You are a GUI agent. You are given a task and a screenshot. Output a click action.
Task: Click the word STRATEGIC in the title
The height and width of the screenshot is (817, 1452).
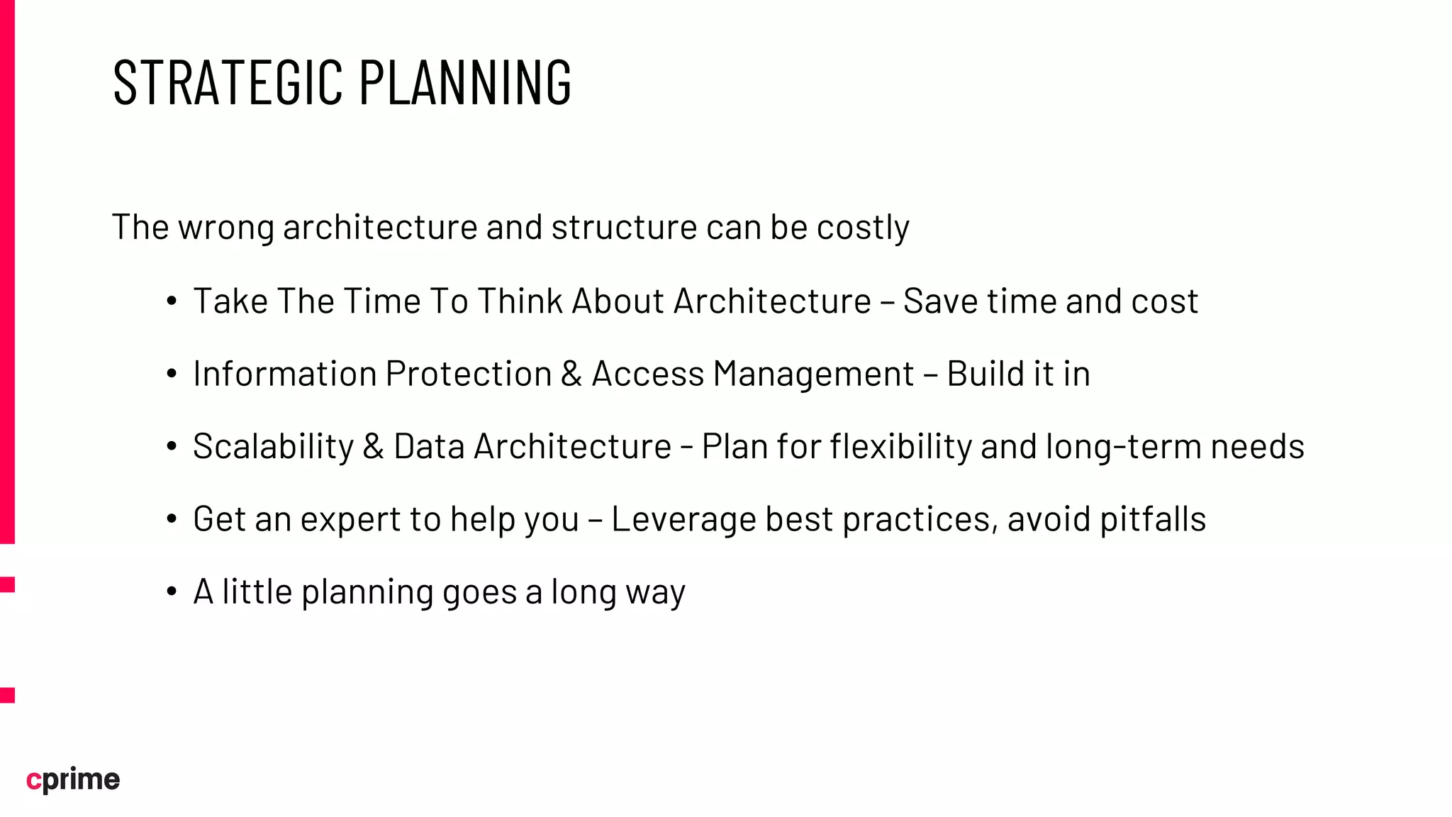click(x=228, y=83)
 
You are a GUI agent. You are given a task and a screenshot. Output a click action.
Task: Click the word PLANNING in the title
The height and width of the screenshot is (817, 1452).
click(x=464, y=83)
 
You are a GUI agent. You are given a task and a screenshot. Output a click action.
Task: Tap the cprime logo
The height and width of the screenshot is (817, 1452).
click(x=73, y=779)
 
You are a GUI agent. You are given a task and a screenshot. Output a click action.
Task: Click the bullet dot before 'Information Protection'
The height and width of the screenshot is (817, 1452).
click(x=172, y=374)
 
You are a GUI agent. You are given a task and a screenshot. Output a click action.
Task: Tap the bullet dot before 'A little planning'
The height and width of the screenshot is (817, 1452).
click(x=172, y=592)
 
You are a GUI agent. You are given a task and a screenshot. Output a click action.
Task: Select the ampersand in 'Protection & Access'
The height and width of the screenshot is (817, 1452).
click(x=571, y=374)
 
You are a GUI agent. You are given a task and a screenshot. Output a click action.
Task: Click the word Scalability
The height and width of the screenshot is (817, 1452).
click(x=273, y=447)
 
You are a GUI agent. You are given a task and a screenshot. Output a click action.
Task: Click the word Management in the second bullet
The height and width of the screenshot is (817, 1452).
click(x=813, y=374)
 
